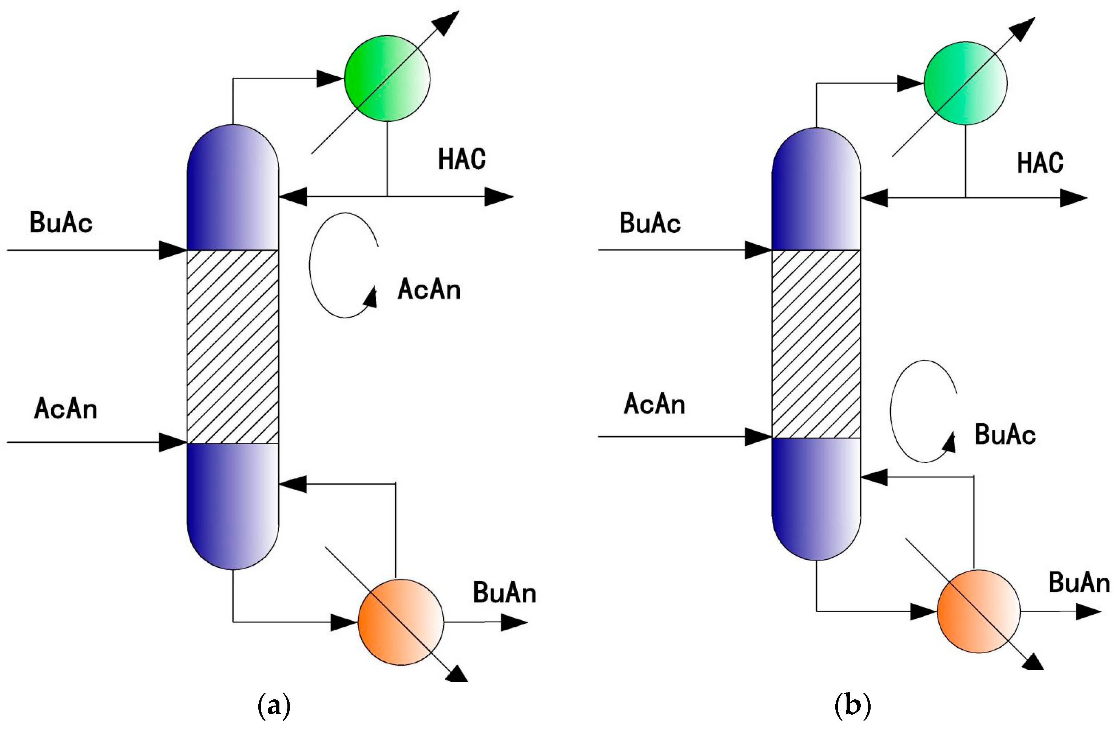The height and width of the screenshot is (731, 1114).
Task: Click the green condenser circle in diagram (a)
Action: click(x=387, y=79)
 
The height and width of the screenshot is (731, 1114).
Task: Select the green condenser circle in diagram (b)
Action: click(x=965, y=83)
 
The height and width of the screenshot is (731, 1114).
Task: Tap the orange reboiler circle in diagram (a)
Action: click(x=401, y=622)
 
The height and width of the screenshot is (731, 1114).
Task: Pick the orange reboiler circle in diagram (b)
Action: click(x=978, y=611)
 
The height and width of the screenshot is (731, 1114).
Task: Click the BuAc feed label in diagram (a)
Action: click(x=61, y=222)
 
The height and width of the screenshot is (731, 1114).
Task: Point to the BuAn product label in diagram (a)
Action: click(x=504, y=593)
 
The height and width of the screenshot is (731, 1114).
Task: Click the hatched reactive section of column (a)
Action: click(x=232, y=346)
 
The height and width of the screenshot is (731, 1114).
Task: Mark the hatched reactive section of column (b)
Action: click(x=816, y=344)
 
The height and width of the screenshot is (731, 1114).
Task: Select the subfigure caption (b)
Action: click(x=852, y=706)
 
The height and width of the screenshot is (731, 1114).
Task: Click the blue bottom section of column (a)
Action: click(x=232, y=505)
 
